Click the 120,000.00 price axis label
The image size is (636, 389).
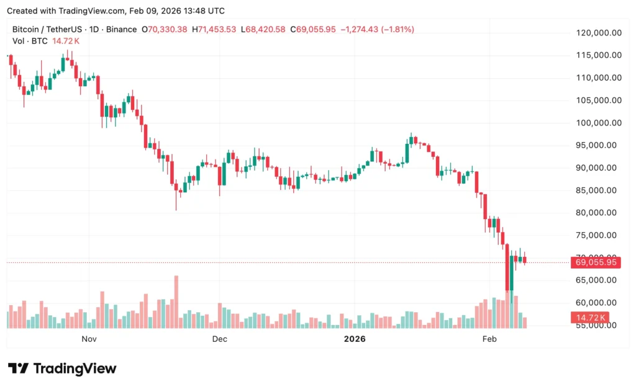point(596,32)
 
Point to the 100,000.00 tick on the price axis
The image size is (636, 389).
point(596,123)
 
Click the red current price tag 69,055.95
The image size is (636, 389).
point(594,262)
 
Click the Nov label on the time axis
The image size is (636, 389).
point(89,339)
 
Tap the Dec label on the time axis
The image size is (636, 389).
point(219,339)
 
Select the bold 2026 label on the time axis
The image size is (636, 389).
point(355,339)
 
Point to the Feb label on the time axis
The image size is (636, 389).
point(490,339)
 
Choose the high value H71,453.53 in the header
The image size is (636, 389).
point(214,29)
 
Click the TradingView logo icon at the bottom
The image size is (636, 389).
point(18,369)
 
